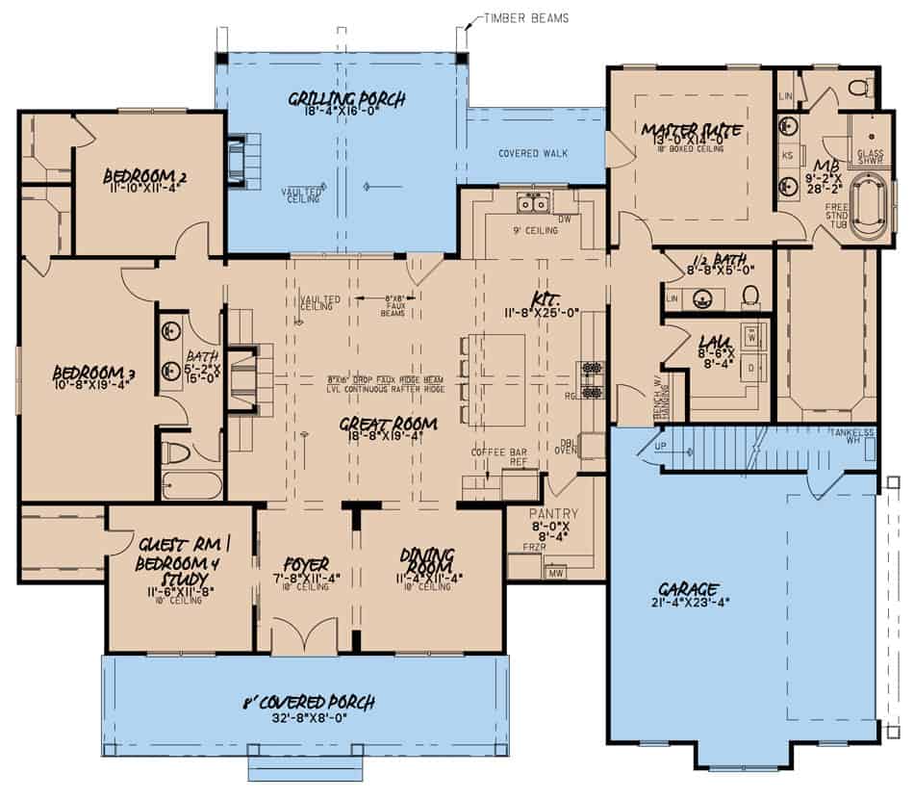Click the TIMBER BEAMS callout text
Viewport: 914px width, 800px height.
[x=524, y=16]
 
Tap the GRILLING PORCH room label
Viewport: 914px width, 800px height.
[x=346, y=98]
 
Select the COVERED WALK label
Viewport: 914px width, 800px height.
[x=532, y=154]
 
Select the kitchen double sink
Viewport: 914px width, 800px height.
[x=532, y=203]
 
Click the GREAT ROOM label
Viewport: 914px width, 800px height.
[x=388, y=423]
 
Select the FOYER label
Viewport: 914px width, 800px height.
[x=307, y=564]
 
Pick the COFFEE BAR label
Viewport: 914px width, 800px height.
[x=493, y=452]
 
